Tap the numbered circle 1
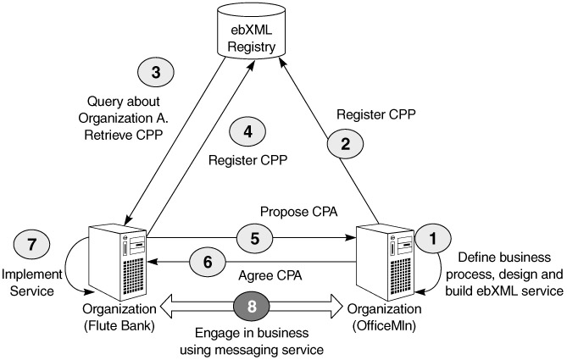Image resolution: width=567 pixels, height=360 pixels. click(434, 240)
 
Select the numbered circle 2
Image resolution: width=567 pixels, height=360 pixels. click(345, 145)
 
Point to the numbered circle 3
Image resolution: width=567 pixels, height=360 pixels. click(155, 73)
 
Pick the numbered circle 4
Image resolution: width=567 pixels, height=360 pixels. click(248, 131)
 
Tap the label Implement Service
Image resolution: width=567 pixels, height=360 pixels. click(31, 281)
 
